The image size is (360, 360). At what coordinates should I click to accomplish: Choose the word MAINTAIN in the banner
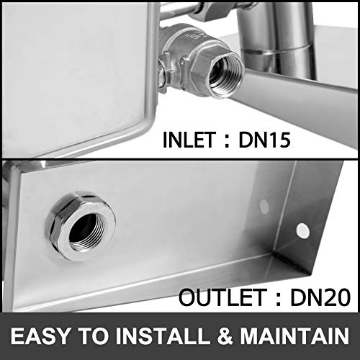(x=302, y=336)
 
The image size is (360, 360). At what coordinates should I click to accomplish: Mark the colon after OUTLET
(x=264, y=297)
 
